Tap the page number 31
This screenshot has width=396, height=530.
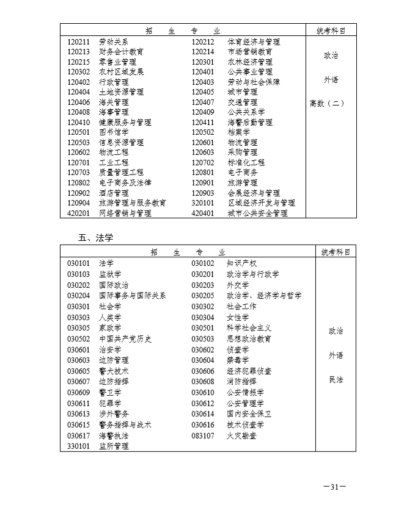pyautogui.click(x=334, y=487)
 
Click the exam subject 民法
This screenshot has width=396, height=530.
pyautogui.click(x=335, y=379)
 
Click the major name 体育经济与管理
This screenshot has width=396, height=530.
pyautogui.click(x=254, y=41)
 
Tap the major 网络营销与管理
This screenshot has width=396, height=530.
pyautogui.click(x=125, y=213)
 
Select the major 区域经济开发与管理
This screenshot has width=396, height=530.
pyautogui.click(x=261, y=202)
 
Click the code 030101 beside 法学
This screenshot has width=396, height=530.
pyautogui.click(x=79, y=263)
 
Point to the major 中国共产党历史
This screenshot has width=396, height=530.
pyautogui.click(x=125, y=338)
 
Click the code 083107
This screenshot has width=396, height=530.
pyautogui.click(x=203, y=435)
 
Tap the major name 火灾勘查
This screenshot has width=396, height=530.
pyautogui.click(x=242, y=435)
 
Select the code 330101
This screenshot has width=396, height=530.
pyautogui.click(x=79, y=446)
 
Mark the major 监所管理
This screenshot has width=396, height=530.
pyautogui.click(x=114, y=446)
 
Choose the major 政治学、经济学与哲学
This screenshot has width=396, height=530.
pyautogui.click(x=264, y=295)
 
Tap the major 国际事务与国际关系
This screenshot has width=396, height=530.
pyautogui.click(x=133, y=295)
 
